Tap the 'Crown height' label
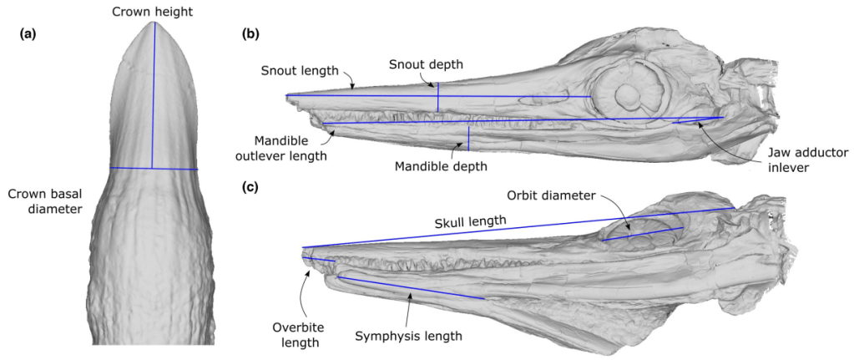pos(153,10)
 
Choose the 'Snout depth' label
pos(429,64)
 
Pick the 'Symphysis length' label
pos(407,336)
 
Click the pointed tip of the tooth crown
pos(153,23)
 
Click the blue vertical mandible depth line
pos(468,139)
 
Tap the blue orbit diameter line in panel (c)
pos(643,234)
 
